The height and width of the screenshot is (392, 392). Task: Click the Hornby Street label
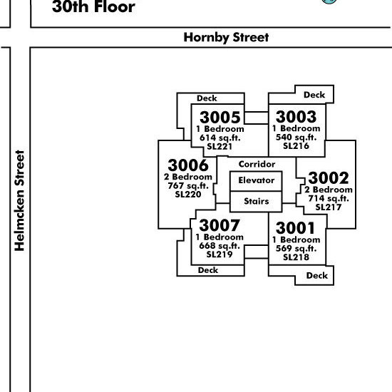[226, 38]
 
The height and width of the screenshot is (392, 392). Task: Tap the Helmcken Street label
[19, 200]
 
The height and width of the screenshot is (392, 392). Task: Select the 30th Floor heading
[93, 6]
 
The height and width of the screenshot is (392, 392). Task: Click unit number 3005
[220, 118]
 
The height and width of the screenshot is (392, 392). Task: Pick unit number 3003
[296, 117]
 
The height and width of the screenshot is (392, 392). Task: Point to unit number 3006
[188, 165]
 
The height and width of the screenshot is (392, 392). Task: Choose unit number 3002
[329, 178]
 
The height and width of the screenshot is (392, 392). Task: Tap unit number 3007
[220, 225]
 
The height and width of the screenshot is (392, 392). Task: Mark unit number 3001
[296, 228]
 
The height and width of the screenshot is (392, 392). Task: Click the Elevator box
[256, 181]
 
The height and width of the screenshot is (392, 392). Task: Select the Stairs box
[256, 202]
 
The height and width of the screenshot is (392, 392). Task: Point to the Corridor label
[257, 164]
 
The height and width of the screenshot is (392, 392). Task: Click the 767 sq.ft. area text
[188, 186]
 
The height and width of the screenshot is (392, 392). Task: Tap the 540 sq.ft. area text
[296, 138]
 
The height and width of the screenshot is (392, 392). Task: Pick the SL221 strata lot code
[220, 147]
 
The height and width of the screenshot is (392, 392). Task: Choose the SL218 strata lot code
[296, 257]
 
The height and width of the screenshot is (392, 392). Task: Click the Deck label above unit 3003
[314, 95]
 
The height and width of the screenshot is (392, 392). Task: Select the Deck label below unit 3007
[208, 270]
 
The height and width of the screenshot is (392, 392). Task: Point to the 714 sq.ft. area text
[329, 199]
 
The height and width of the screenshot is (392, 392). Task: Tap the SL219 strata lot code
[220, 254]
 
